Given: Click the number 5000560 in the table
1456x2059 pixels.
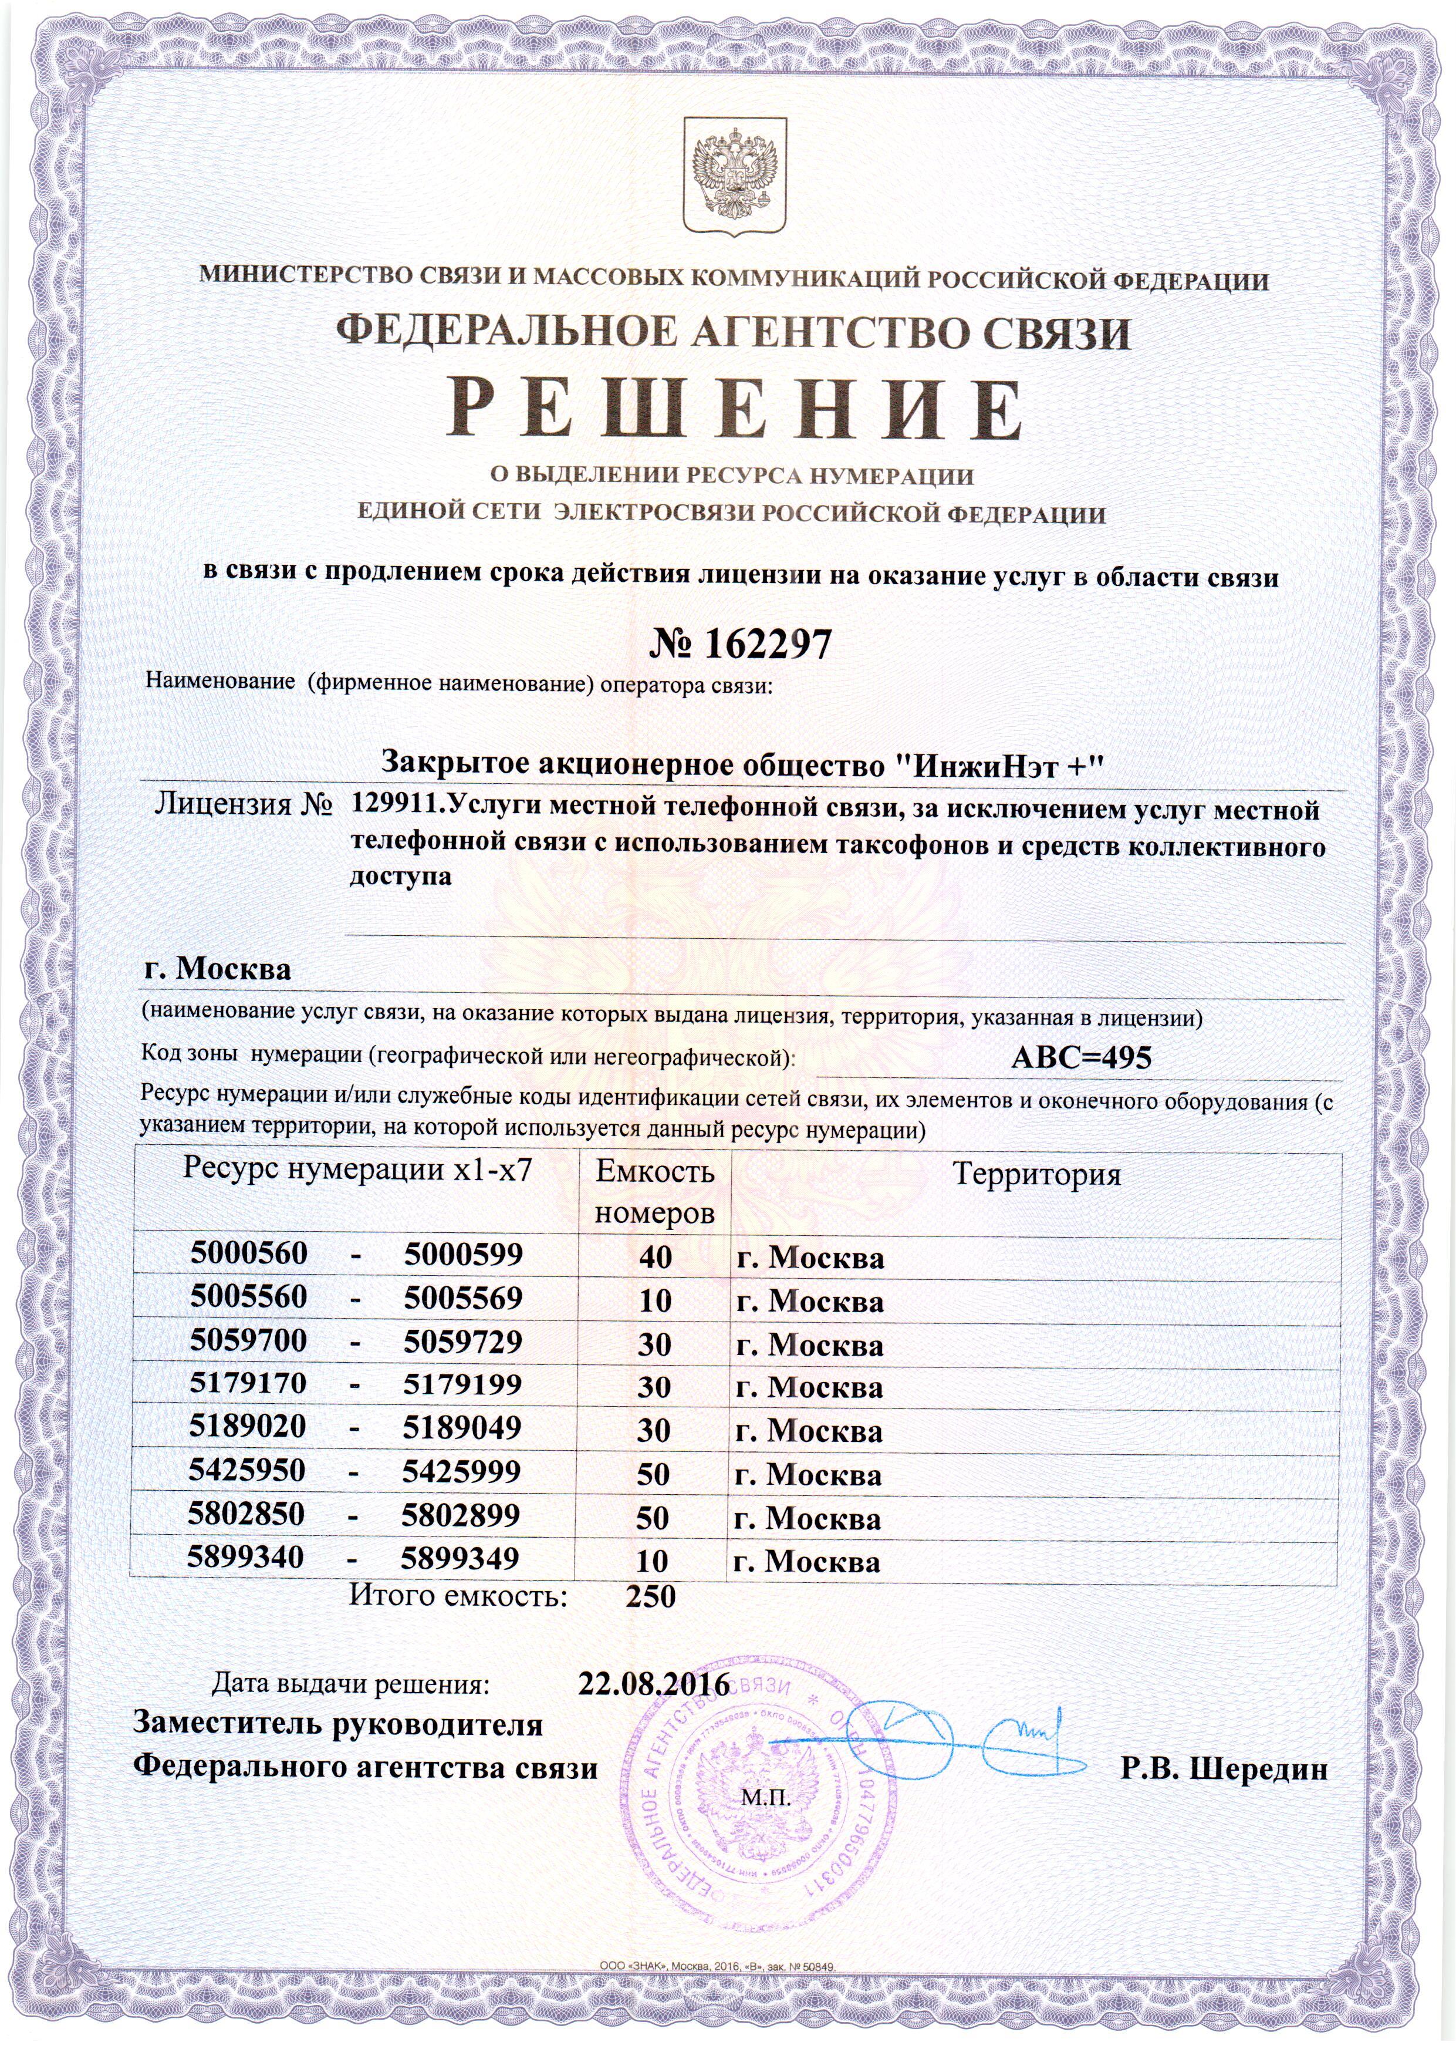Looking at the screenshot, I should point(248,1253).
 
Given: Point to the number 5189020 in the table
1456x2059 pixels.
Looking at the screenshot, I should point(248,1427).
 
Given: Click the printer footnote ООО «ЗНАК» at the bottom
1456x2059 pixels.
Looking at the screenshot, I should point(717,2035).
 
